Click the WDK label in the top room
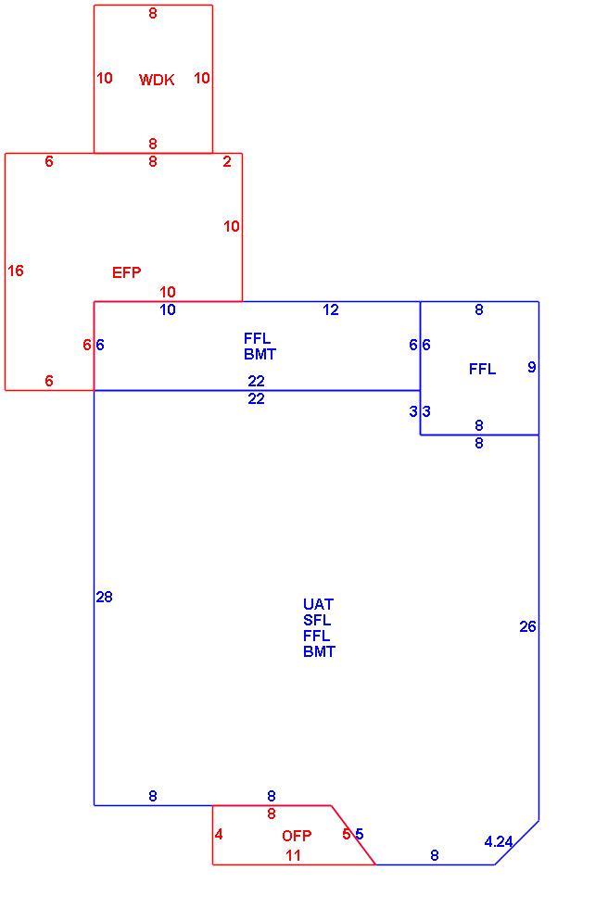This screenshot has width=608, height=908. tap(157, 80)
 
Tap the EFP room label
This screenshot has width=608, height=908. tap(126, 272)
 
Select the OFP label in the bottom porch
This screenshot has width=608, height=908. tap(297, 836)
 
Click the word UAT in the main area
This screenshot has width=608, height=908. tap(318, 604)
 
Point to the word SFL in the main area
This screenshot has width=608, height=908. tap(317, 620)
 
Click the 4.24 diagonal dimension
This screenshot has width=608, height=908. tap(499, 841)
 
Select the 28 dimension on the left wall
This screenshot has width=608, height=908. tap(104, 597)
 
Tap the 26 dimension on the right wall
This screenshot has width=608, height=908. tap(527, 626)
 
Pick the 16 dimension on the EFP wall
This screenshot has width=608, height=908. tap(16, 271)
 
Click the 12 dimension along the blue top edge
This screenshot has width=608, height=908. tap(331, 309)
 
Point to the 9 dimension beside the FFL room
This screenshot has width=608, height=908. tap(532, 367)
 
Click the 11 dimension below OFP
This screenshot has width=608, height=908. tap(293, 855)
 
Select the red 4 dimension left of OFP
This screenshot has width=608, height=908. tap(219, 835)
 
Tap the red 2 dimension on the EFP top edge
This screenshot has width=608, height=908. tap(227, 161)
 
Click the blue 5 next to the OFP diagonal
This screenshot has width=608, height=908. tap(359, 835)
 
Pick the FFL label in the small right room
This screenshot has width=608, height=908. tap(482, 369)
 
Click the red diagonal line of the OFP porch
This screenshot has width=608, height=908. tap(353, 835)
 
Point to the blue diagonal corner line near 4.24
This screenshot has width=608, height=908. tap(517, 842)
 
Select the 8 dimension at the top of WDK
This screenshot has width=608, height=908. tap(153, 13)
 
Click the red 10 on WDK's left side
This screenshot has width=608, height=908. tap(104, 78)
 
